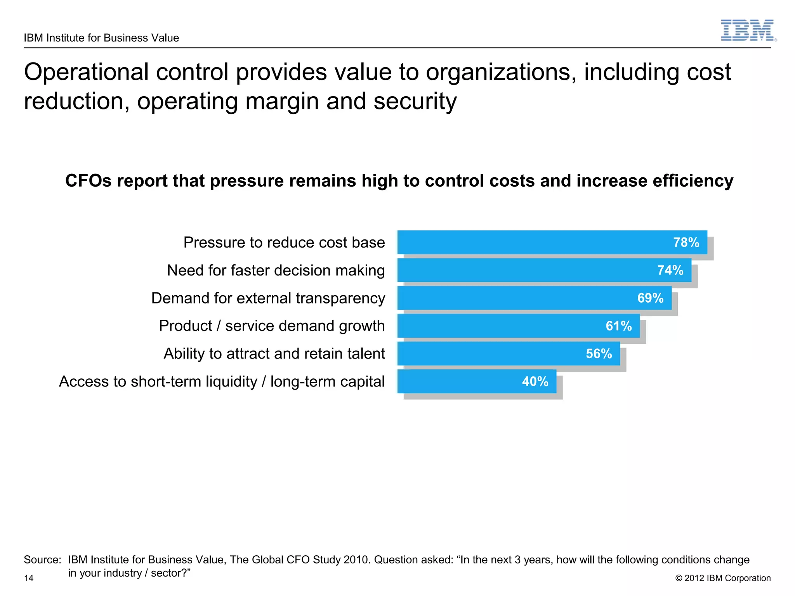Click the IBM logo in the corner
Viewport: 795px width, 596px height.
[748, 31]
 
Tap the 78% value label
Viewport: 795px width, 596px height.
[686, 243]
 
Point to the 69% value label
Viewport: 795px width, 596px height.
[650, 298]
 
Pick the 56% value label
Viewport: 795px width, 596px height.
[599, 353]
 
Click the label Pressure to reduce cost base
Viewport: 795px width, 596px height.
[284, 243]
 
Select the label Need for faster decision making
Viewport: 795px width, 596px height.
[276, 270]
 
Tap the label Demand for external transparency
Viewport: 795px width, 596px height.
[268, 298]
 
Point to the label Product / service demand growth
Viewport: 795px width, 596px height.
[272, 326]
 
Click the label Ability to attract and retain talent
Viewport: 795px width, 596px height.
[274, 354]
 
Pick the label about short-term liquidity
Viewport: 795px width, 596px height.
[222, 382]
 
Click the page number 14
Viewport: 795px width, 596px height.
[29, 578]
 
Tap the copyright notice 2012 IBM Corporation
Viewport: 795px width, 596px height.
[723, 578]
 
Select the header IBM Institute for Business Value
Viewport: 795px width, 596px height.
[101, 38]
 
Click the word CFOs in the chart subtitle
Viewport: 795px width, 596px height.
[89, 181]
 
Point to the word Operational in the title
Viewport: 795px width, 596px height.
[87, 72]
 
